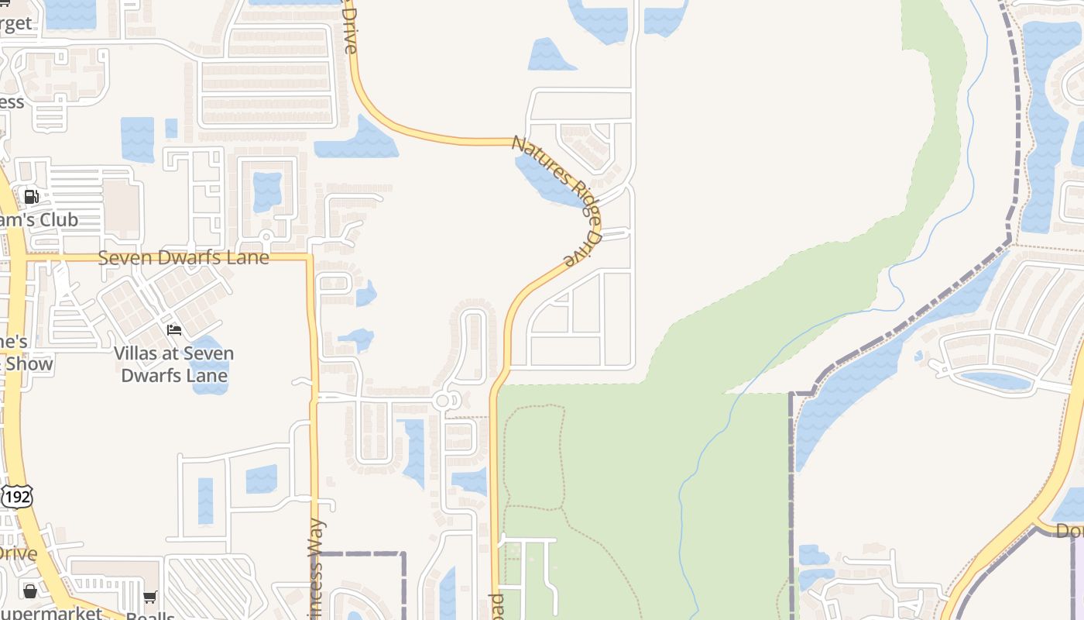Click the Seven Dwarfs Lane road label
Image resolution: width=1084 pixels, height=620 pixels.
coord(184,257)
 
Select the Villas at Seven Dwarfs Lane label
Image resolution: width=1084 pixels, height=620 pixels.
coord(173,364)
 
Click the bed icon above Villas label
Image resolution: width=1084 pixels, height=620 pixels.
coord(174,330)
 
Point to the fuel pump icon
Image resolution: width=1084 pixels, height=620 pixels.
coord(32,197)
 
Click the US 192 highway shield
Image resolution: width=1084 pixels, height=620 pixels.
coord(16,497)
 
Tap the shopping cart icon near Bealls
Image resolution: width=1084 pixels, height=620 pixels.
coord(150,597)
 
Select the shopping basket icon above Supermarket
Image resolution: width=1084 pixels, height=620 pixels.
coord(30,591)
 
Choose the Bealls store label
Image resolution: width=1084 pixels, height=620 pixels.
coord(152,615)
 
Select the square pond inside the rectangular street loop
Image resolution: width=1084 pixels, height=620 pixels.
coord(267,191)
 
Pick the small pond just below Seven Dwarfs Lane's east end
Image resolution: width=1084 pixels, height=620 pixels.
coord(365,294)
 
